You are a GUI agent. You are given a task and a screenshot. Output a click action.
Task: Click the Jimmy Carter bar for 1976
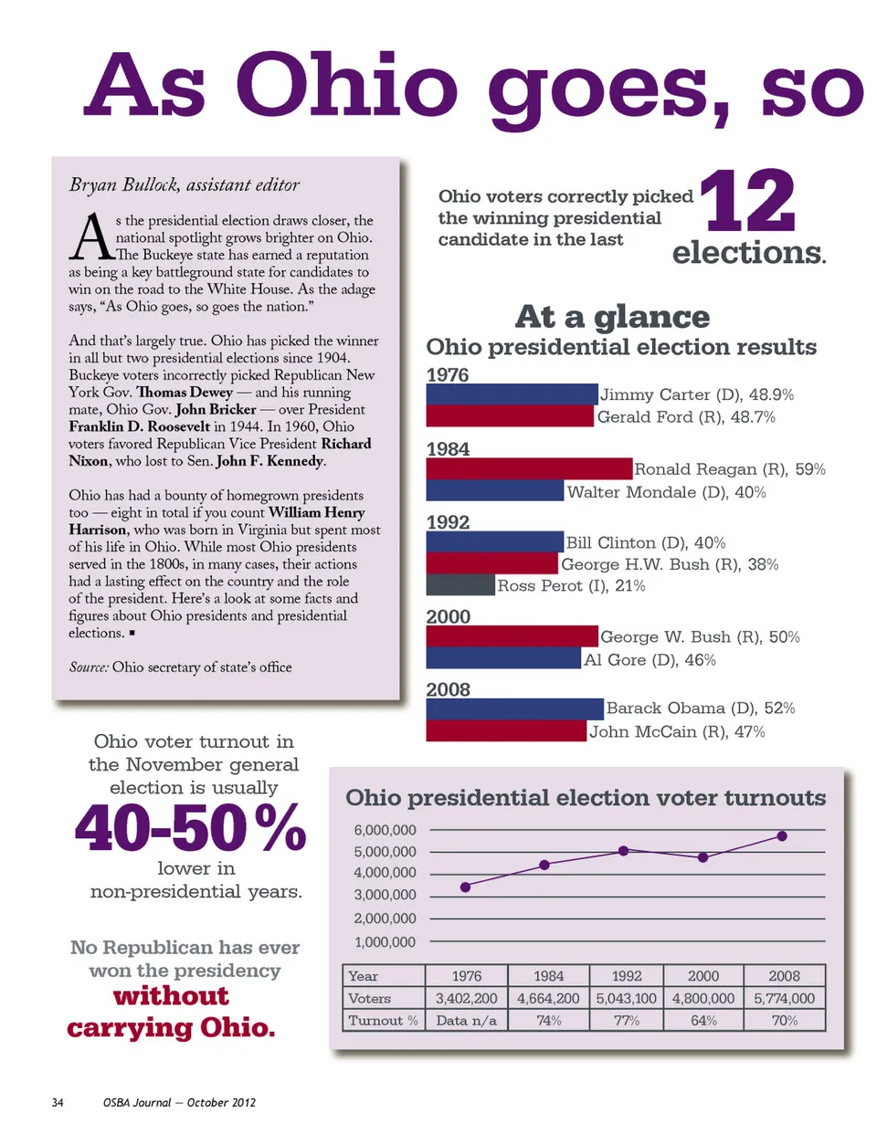pyautogui.click(x=512, y=394)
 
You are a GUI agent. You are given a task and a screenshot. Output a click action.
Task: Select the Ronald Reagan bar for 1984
pyautogui.click(x=529, y=468)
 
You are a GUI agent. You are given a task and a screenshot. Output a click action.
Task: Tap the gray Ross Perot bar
pyautogui.click(x=460, y=585)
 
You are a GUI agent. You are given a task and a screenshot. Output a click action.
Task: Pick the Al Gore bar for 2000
pyautogui.click(x=503, y=658)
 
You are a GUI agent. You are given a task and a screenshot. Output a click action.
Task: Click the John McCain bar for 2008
pyautogui.click(x=506, y=730)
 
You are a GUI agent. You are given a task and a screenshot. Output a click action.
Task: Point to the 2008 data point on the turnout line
pyautogui.click(x=782, y=835)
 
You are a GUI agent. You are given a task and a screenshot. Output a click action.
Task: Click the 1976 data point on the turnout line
pyautogui.click(x=466, y=887)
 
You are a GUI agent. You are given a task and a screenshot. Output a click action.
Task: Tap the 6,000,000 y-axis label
pyautogui.click(x=385, y=830)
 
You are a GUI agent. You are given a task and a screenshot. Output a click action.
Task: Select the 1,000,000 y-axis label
pyautogui.click(x=385, y=941)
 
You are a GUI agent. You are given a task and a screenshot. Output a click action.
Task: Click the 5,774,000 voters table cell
pyautogui.click(x=784, y=998)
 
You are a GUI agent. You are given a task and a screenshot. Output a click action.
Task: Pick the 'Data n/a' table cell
pyautogui.click(x=466, y=1020)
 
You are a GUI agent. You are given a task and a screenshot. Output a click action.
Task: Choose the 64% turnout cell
pyautogui.click(x=703, y=1020)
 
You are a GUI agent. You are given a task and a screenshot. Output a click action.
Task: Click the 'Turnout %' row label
pyautogui.click(x=383, y=1020)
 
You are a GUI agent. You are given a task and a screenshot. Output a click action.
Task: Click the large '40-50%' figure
pyautogui.click(x=190, y=828)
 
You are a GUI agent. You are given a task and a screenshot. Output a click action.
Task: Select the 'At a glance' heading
pyautogui.click(x=612, y=317)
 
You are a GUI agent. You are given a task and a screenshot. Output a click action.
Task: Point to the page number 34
pyautogui.click(x=58, y=1102)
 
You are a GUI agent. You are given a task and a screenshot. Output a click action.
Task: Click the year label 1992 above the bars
pyautogui.click(x=448, y=522)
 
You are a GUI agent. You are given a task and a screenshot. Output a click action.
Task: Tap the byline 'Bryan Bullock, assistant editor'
pyautogui.click(x=185, y=184)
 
